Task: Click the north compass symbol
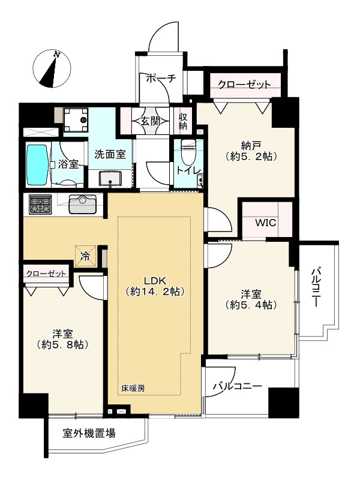[52, 67]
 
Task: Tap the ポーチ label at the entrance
[161, 79]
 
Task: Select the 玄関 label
[151, 121]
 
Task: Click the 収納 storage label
[183, 121]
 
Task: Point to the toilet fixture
[187, 155]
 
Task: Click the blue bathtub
[38, 165]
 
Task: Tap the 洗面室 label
[110, 154]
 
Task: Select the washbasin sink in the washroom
[110, 178]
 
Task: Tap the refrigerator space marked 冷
[86, 256]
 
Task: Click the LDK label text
[155, 281]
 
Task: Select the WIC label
[266, 223]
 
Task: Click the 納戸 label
[251, 145]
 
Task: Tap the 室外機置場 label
[89, 433]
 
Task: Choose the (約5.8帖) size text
[63, 345]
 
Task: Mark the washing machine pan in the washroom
[76, 119]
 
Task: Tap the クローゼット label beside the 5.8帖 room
[46, 274]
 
